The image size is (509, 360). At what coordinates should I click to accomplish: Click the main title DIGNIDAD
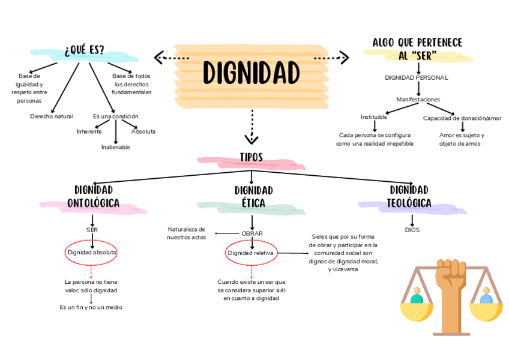tap(251, 73)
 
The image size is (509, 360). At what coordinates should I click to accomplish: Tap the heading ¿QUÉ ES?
tap(84, 50)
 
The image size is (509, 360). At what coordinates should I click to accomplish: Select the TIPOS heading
tap(251, 157)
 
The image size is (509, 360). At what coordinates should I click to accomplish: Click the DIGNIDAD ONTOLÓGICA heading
tap(93, 197)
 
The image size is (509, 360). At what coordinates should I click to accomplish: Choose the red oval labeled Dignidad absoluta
tap(92, 253)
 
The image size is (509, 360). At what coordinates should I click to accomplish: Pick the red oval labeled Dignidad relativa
tap(251, 253)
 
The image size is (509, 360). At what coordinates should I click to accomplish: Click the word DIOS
tap(412, 230)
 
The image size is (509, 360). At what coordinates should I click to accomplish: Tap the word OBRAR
tap(252, 233)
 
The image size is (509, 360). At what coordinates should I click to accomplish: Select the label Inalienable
tap(115, 147)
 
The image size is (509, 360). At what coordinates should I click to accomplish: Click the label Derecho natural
tap(52, 116)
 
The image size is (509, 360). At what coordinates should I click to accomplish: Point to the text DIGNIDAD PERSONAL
tap(416, 77)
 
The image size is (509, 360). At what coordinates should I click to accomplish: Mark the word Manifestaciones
tap(418, 99)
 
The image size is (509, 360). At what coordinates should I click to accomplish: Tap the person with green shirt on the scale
tap(416, 296)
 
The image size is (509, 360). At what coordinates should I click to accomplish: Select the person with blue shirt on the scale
tap(486, 296)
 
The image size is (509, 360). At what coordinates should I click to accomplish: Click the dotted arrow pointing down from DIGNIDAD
tap(251, 127)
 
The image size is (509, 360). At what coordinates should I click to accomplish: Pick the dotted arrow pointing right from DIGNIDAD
tap(332, 58)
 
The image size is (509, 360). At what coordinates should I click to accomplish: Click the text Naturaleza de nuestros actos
tap(186, 233)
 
